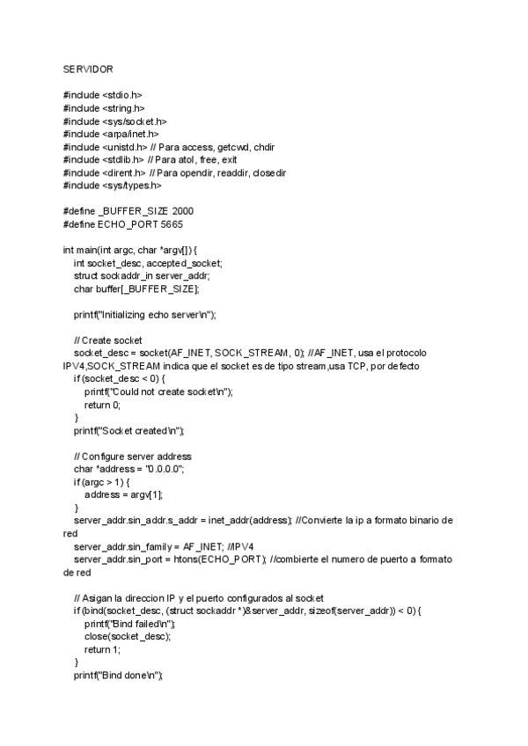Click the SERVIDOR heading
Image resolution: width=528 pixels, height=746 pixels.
pyautogui.click(x=88, y=69)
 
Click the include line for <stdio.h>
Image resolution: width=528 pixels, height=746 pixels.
pyautogui.click(x=102, y=94)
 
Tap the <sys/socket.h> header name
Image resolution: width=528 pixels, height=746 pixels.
pyautogui.click(x=128, y=121)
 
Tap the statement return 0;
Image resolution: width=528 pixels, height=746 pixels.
pyautogui.click(x=102, y=405)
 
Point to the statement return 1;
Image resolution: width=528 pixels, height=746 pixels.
pyautogui.click(x=102, y=649)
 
